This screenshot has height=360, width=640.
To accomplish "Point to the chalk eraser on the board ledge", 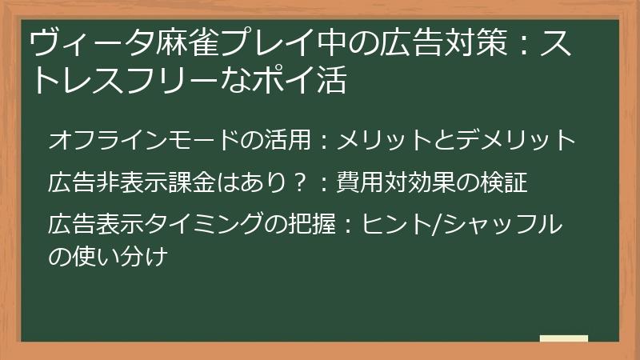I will [x=563, y=340].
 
